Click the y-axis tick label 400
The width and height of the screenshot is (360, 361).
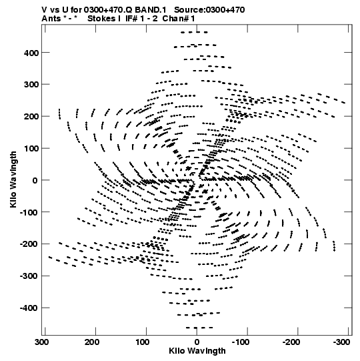click(31, 53)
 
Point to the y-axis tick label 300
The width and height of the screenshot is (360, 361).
click(31, 85)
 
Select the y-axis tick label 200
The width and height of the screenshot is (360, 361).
click(31, 117)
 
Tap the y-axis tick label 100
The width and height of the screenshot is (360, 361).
click(31, 149)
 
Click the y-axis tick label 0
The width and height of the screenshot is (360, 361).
click(35, 180)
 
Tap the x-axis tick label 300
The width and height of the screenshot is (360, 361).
click(43, 342)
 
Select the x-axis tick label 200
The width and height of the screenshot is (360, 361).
click(92, 342)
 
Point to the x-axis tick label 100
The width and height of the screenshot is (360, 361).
click(143, 342)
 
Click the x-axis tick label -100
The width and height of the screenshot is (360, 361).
click(241, 342)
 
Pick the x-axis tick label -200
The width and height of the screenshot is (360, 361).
click(291, 342)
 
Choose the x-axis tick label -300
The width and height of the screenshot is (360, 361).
click(341, 342)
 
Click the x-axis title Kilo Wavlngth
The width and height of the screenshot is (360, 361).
click(197, 351)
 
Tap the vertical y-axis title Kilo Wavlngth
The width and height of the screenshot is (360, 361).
click(13, 179)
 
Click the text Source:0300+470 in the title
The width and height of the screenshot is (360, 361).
click(209, 10)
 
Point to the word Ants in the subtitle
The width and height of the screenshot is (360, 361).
click(51, 19)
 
